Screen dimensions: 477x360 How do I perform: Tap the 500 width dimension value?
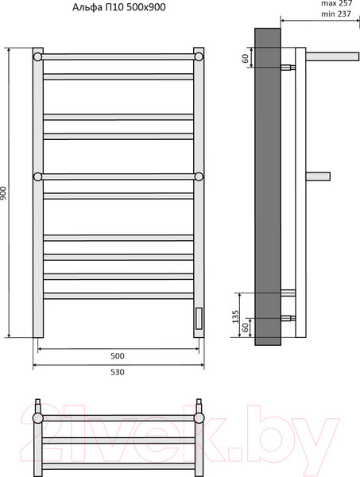click(x=118, y=356)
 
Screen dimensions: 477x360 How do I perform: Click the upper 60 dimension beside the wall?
click(x=246, y=57)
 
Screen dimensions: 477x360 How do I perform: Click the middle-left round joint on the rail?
click(x=37, y=176)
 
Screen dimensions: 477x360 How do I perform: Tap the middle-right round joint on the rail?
click(x=199, y=176)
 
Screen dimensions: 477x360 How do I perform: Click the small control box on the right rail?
click(x=198, y=319)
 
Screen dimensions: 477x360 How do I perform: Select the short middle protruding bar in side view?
click(x=318, y=176)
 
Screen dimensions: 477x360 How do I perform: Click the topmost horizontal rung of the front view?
click(x=118, y=56)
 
